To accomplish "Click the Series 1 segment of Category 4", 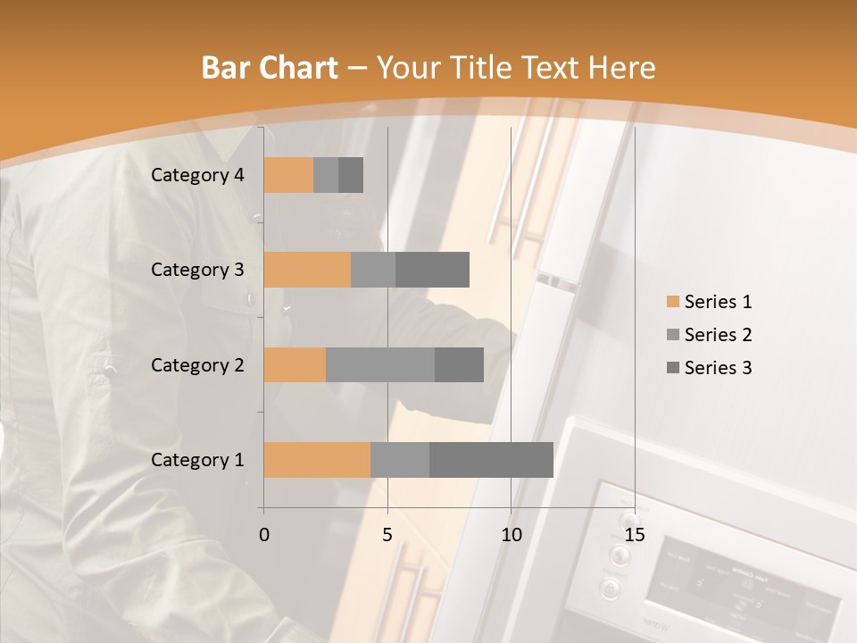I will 288,175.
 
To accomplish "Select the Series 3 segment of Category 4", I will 351,175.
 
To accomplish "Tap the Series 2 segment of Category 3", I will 373,270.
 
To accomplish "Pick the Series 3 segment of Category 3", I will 432,270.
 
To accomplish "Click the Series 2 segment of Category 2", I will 380,364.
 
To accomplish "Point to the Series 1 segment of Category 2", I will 295,364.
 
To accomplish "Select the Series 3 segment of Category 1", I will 491,460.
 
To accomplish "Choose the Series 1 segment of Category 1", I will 317,460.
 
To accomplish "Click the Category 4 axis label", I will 197,175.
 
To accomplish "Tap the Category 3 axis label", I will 197,270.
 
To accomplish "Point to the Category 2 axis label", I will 197,364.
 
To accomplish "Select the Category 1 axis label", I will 197,460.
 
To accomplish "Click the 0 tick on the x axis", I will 264,535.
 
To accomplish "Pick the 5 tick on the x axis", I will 387,535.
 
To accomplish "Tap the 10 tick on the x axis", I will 511,535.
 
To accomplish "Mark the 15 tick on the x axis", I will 635,535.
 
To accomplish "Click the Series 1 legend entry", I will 709,302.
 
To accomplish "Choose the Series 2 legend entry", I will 709,335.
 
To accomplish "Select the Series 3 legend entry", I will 709,368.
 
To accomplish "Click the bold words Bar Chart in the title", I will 270,68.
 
